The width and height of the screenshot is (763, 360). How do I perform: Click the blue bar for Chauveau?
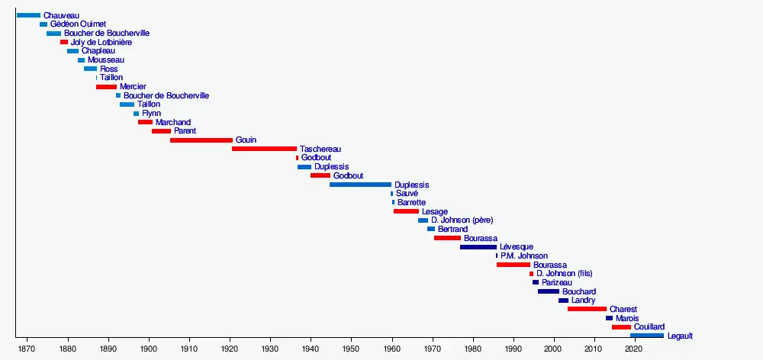point(28,15)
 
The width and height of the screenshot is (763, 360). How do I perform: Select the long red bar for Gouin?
point(201,140)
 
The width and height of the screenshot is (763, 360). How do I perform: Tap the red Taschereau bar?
point(264,149)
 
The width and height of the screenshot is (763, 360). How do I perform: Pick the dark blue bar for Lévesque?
point(478,247)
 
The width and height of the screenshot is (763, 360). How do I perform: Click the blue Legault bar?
point(647,336)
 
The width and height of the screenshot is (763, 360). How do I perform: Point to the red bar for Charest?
point(587,309)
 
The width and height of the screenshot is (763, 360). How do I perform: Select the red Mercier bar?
point(106,87)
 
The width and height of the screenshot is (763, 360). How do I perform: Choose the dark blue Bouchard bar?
point(549,291)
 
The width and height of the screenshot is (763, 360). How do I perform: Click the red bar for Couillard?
point(621,327)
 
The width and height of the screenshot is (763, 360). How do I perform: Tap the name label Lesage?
point(435,211)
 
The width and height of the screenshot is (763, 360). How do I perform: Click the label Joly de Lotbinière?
point(101,42)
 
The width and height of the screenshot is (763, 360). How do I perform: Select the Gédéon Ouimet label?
point(79,24)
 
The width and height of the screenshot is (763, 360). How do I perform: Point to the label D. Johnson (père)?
point(462,220)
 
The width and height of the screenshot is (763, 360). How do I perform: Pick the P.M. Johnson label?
point(524,256)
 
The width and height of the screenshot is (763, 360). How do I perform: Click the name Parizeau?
point(557,282)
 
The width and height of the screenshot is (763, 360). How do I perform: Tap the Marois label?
point(627,318)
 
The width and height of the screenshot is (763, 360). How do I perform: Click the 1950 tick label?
point(351,349)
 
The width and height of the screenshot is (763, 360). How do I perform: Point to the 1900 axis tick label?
point(149,349)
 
